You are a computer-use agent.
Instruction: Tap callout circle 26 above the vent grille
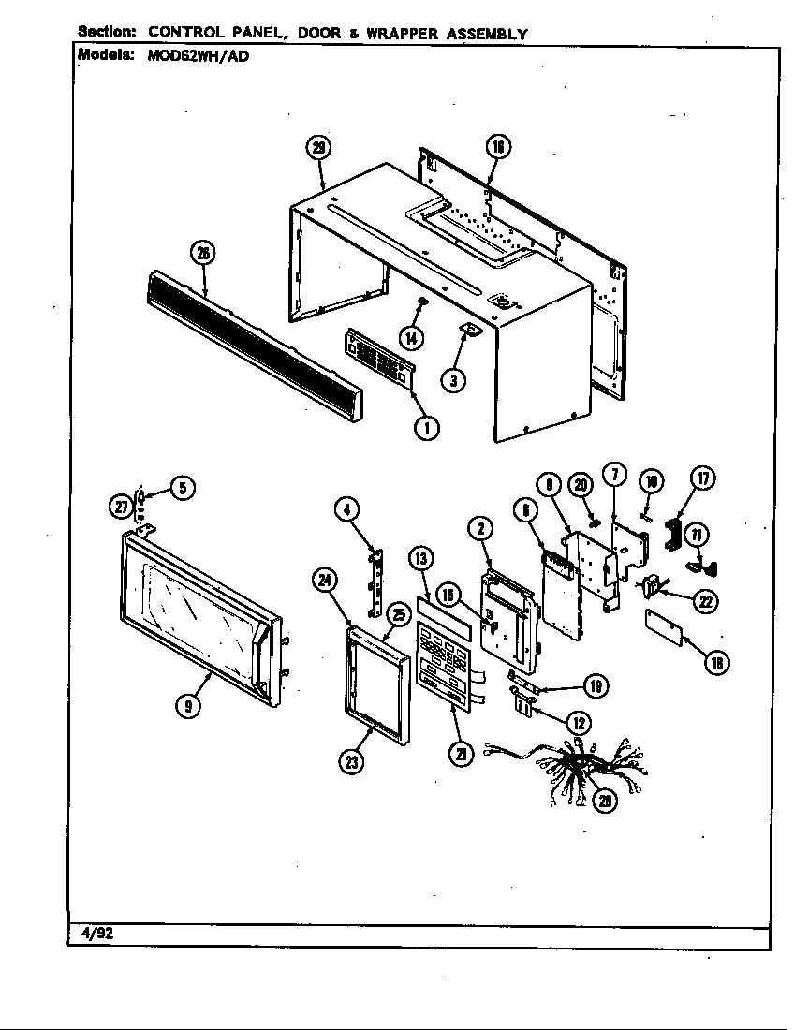coord(201,252)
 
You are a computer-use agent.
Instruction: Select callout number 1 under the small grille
coord(426,429)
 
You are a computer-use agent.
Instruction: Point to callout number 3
coord(453,381)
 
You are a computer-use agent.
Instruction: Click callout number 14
coord(411,336)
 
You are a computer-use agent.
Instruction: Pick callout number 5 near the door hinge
coord(183,488)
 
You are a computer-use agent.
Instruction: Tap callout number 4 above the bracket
coord(346,510)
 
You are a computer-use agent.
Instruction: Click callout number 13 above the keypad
coord(420,559)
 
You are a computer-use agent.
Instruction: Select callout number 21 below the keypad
coord(460,753)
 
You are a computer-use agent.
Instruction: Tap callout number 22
coord(707,601)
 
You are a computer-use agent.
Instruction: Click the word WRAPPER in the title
coord(402,34)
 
